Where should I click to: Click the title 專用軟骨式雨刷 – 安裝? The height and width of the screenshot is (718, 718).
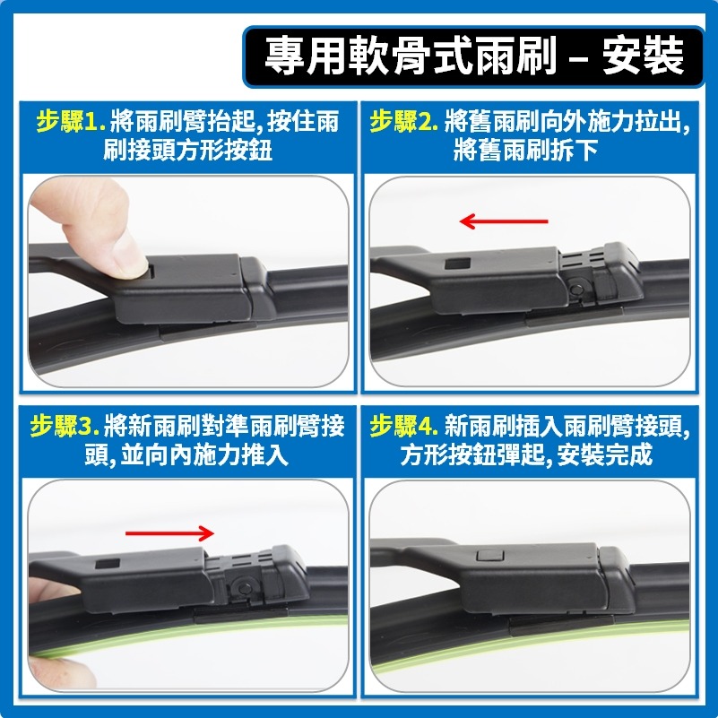coord(474,56)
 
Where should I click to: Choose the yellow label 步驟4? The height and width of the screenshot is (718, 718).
coord(403,426)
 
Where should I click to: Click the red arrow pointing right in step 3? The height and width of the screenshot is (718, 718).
coord(169,532)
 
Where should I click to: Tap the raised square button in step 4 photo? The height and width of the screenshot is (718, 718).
coord(489,556)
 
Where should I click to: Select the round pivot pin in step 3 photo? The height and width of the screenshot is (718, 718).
coord(240,587)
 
